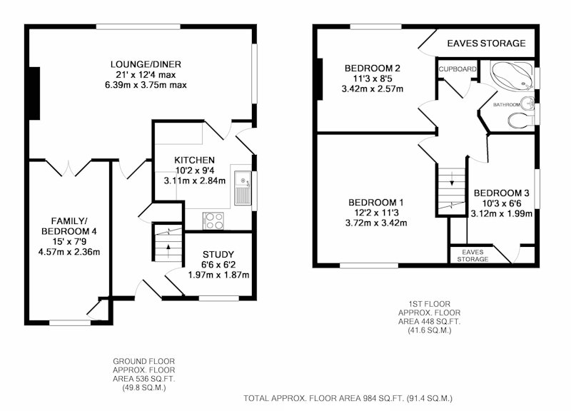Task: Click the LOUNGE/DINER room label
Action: [x=146, y=64]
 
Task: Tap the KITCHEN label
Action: [x=194, y=160]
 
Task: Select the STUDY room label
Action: [x=218, y=255]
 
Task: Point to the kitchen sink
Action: [x=243, y=188]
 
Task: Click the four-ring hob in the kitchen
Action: [x=213, y=221]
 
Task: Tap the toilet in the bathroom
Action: [x=521, y=121]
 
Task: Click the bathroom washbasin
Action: [x=527, y=103]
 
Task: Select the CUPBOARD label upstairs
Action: [x=458, y=69]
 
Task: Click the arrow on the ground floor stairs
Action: [x=168, y=252]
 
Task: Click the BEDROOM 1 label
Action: [x=376, y=203]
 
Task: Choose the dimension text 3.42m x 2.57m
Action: [x=373, y=88]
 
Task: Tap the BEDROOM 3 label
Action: [x=502, y=193]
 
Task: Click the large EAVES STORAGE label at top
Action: [x=486, y=44]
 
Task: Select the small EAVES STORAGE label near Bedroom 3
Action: [x=473, y=255]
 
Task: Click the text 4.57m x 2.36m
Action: [x=69, y=252]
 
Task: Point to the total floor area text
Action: [x=348, y=398]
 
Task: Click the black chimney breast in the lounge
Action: [x=34, y=93]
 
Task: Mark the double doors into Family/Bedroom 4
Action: [x=68, y=168]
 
